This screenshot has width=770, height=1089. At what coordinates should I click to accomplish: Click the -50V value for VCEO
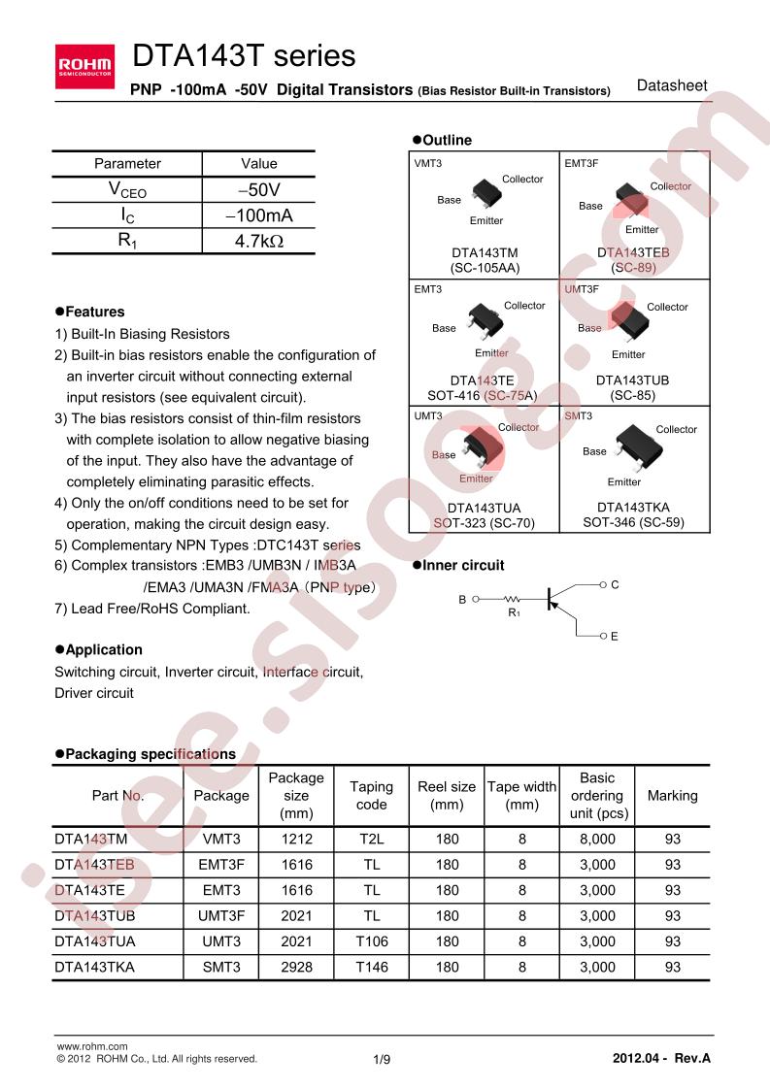(258, 190)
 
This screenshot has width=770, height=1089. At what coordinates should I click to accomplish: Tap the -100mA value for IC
(258, 215)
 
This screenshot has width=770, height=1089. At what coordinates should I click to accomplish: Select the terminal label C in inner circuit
(614, 585)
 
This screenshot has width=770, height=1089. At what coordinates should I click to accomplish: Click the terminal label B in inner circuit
(462, 600)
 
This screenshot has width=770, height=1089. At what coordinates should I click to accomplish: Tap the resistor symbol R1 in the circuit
(512, 600)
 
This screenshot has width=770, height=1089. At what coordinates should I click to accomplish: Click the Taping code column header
(371, 796)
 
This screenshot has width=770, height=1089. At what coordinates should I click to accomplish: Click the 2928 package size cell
(296, 967)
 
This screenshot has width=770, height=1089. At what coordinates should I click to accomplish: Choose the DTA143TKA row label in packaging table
(95, 967)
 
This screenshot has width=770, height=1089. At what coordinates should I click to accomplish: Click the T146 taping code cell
(371, 967)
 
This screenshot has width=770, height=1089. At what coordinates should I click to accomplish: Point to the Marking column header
(672, 796)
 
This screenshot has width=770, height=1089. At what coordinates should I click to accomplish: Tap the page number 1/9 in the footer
(382, 1060)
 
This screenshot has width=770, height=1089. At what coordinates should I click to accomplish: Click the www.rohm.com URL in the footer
(93, 1046)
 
